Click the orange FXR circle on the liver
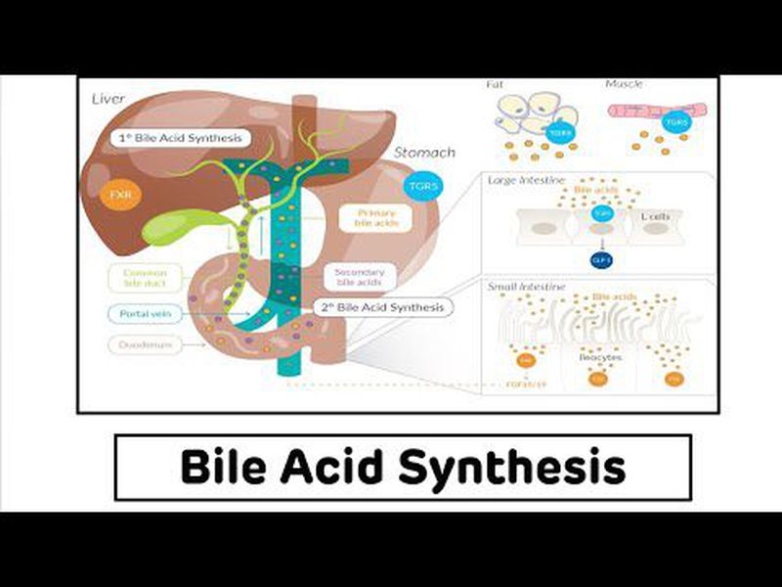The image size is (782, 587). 120,196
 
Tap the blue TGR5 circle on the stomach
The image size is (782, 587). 423,184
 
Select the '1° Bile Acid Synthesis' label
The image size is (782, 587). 179,138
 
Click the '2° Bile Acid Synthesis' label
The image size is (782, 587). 384,306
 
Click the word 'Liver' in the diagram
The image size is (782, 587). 109,100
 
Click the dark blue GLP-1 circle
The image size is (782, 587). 600,259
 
